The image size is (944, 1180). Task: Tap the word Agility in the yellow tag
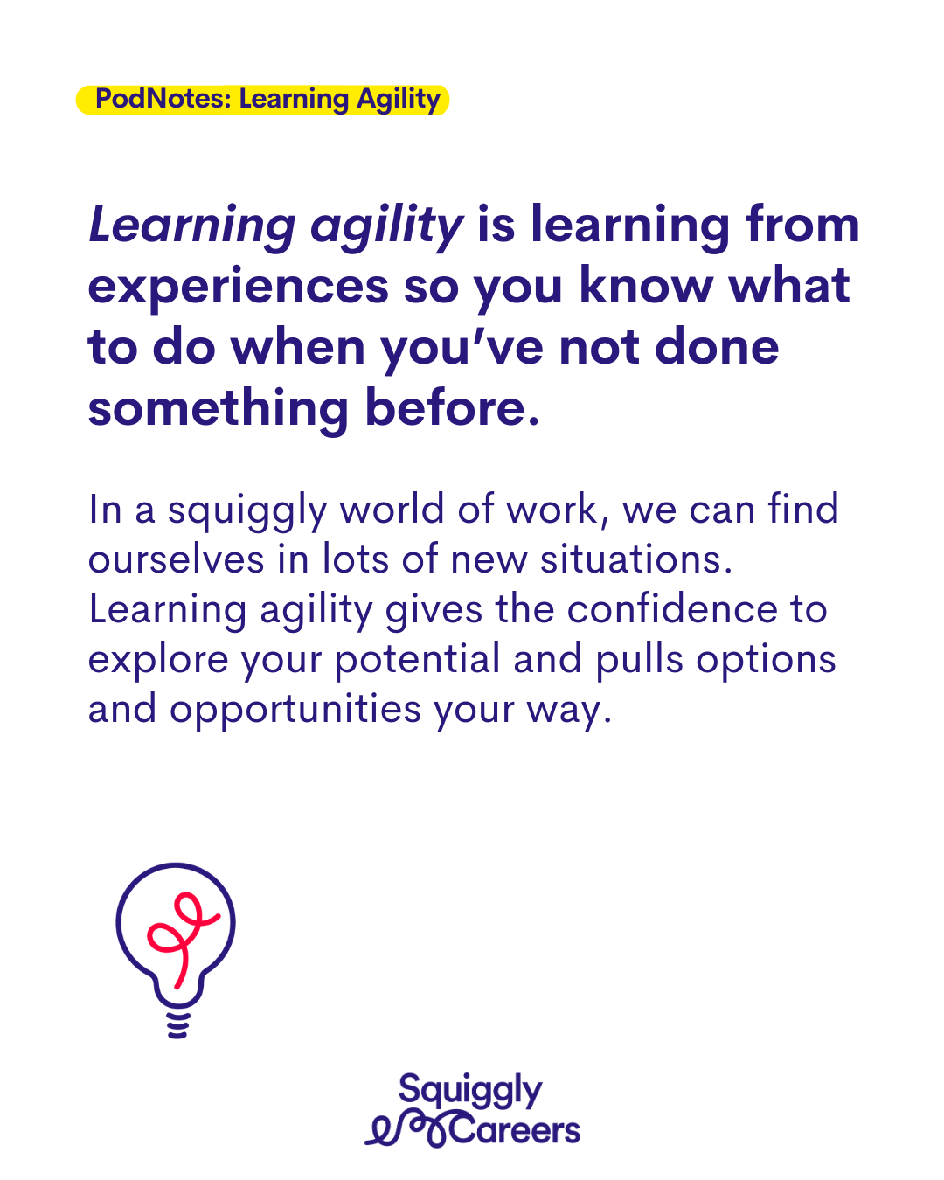coord(399,101)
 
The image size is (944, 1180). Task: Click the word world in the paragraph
coord(392,509)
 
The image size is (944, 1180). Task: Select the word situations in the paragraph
coord(636,559)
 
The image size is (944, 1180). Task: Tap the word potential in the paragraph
coord(418,660)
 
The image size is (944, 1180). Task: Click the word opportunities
coord(295,711)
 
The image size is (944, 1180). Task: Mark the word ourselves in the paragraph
coord(176,559)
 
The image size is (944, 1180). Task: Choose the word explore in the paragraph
coord(158,660)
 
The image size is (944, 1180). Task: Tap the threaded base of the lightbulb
coord(177,1024)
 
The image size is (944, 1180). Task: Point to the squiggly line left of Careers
coord(406,1129)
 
